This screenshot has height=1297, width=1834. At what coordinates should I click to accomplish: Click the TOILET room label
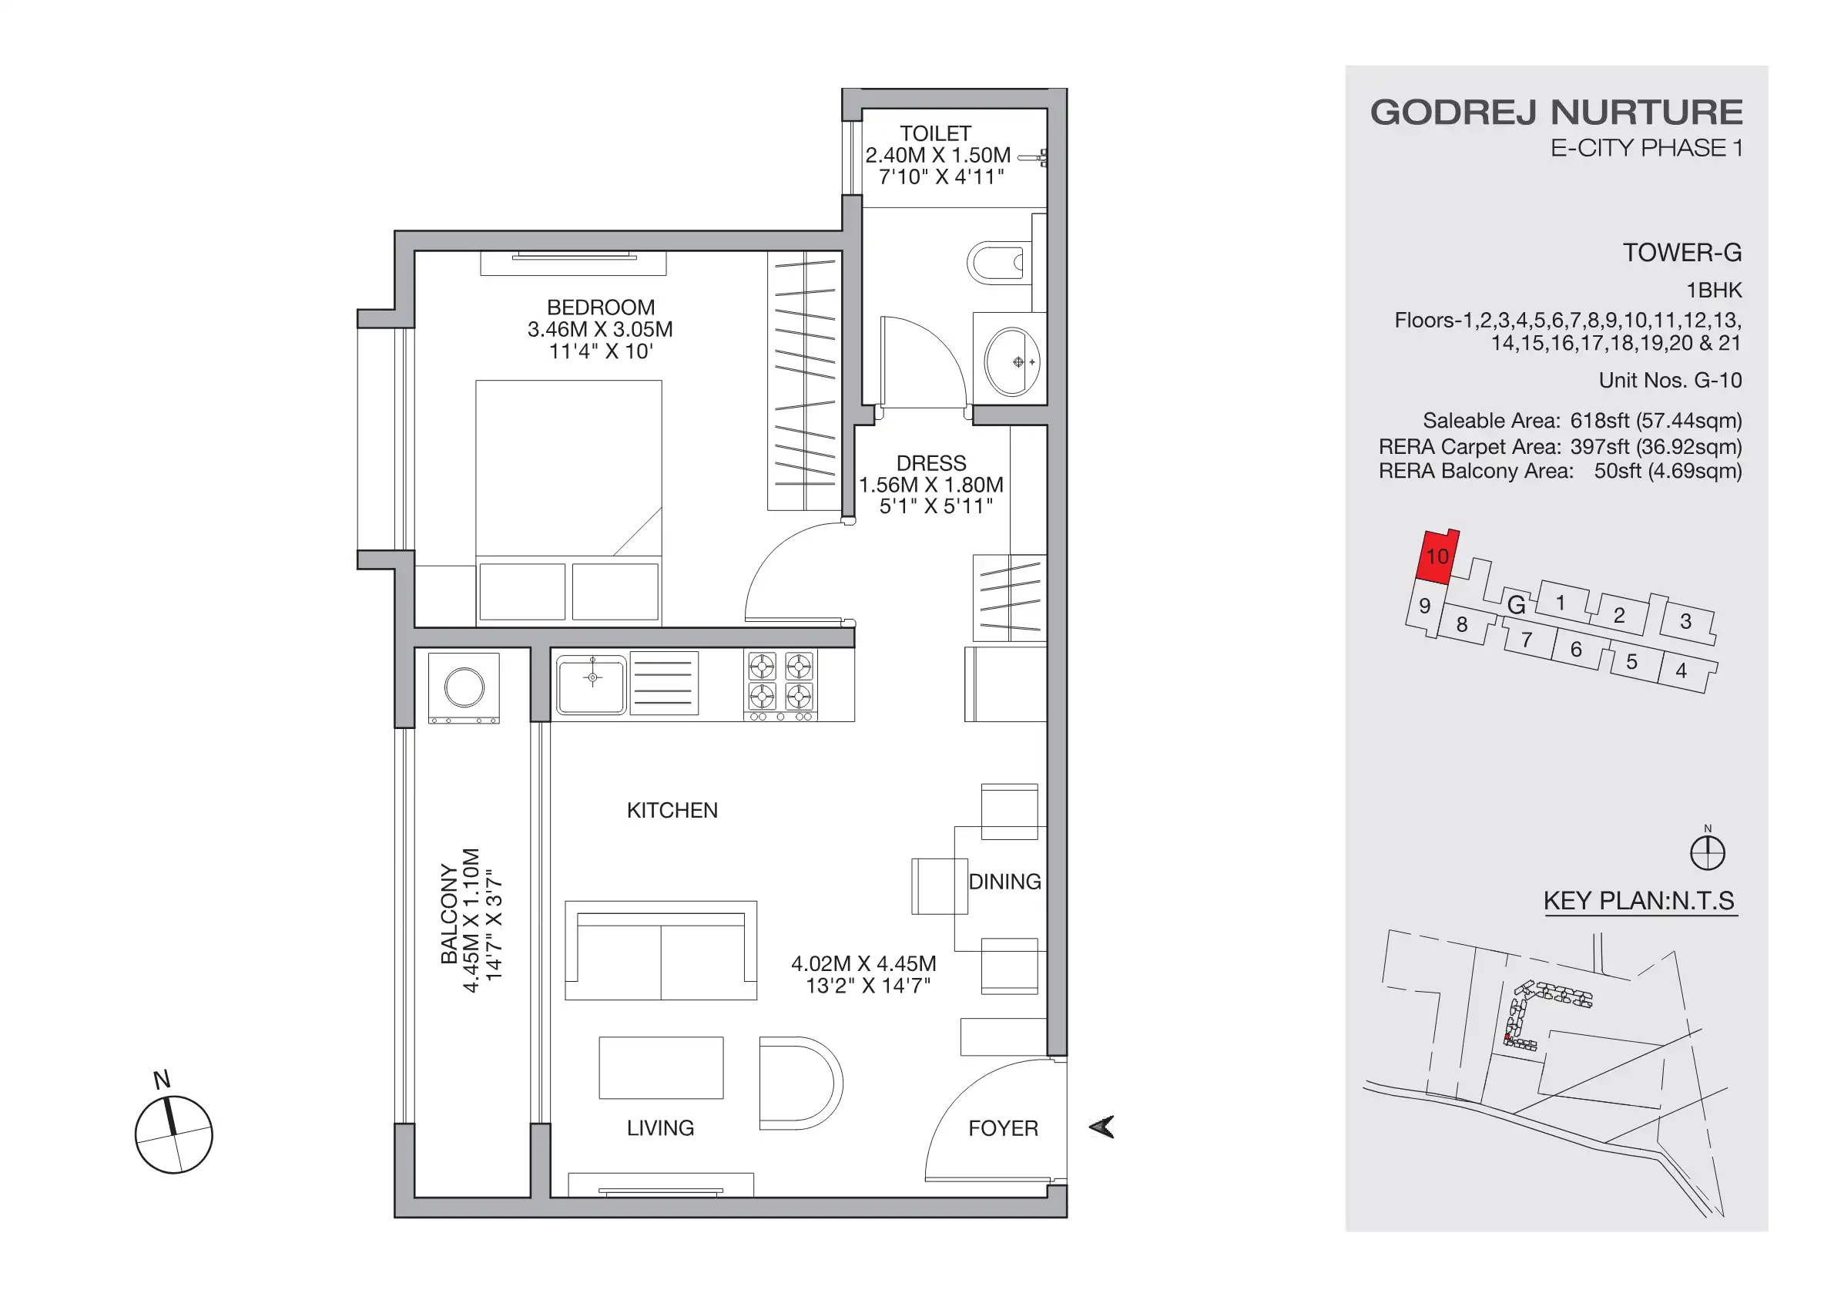click(x=934, y=133)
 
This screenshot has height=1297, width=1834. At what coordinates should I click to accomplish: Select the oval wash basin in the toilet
click(x=1011, y=361)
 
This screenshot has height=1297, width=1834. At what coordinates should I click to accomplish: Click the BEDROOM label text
click(x=601, y=307)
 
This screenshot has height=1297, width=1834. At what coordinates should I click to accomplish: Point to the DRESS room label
click(x=930, y=463)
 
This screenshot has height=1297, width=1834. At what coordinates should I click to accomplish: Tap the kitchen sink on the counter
click(x=591, y=684)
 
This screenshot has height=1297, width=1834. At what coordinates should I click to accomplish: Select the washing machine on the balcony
click(x=464, y=688)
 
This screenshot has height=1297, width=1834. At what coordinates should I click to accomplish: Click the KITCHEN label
click(x=672, y=810)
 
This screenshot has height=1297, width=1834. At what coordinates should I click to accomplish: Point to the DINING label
click(x=1004, y=882)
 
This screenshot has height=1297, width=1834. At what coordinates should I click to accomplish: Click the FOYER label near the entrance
click(x=1002, y=1128)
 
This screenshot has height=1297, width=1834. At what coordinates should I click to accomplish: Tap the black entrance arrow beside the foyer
click(x=1101, y=1127)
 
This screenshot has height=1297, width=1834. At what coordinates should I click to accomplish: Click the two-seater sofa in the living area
click(x=661, y=951)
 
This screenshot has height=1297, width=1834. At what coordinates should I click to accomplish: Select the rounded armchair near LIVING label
click(x=799, y=1084)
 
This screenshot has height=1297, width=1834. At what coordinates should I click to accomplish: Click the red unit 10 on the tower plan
click(x=1437, y=556)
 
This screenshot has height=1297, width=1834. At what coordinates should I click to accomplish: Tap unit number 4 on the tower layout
click(x=1681, y=670)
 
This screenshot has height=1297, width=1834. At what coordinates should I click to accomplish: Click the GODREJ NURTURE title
click(x=1556, y=113)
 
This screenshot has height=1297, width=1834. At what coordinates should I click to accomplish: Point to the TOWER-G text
click(x=1681, y=254)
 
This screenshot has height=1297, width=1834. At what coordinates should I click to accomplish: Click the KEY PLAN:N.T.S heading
click(x=1638, y=901)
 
